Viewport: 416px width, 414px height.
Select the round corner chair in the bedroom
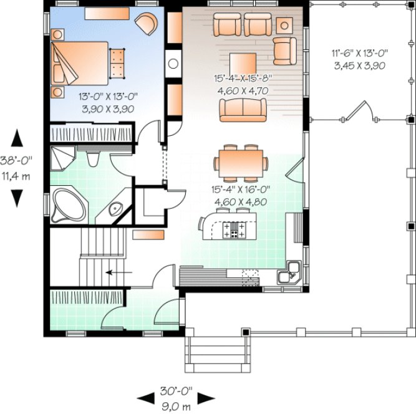[x=147, y=24]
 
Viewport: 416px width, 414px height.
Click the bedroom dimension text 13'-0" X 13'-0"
[x=108, y=97]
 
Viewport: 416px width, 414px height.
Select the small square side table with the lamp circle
[x=285, y=24]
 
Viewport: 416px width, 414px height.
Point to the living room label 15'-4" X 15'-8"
[x=244, y=79]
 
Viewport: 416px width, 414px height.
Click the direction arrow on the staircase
[x=119, y=272]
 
